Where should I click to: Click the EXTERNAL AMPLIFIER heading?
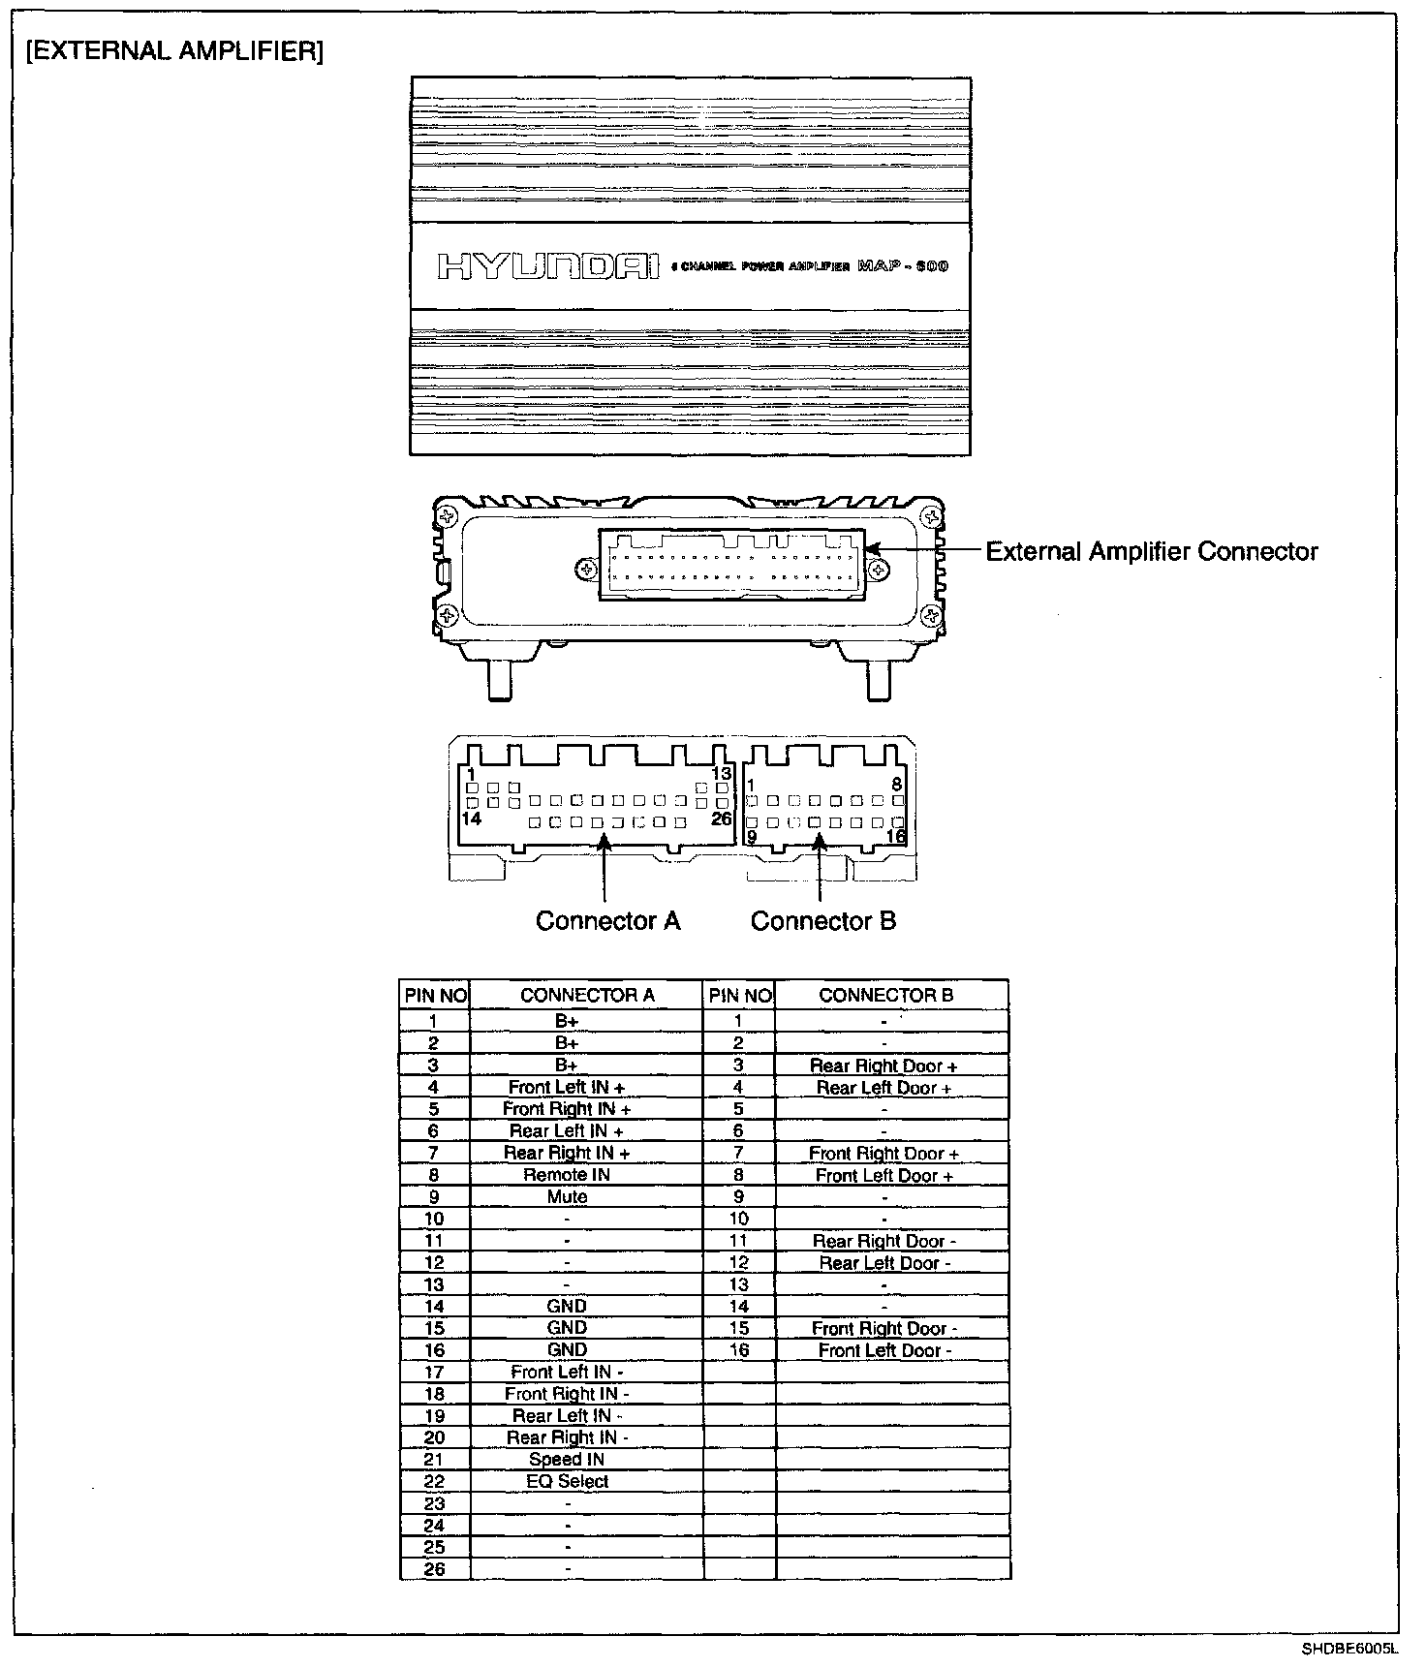click(x=174, y=51)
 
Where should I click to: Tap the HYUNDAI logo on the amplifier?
click(x=548, y=266)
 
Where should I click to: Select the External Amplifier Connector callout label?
click(x=1151, y=552)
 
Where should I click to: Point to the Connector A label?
click(x=608, y=921)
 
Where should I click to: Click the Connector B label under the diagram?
click(x=822, y=921)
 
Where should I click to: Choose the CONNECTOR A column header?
click(x=587, y=995)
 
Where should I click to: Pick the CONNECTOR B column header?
click(x=885, y=995)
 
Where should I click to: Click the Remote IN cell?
click(x=567, y=1175)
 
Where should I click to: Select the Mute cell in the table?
click(x=567, y=1197)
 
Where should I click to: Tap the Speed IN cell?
click(x=567, y=1460)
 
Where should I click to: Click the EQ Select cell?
click(x=567, y=1482)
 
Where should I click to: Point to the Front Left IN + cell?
click(x=567, y=1088)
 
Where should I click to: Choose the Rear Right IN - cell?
click(x=567, y=1438)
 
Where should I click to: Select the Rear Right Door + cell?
click(x=883, y=1066)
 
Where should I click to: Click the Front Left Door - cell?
click(x=884, y=1351)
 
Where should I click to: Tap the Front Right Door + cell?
click(x=883, y=1154)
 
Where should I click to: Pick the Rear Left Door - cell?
click(x=884, y=1263)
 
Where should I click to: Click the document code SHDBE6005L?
click(x=1348, y=1650)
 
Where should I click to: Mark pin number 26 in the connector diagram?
click(x=721, y=819)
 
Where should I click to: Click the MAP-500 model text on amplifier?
click(x=903, y=266)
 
